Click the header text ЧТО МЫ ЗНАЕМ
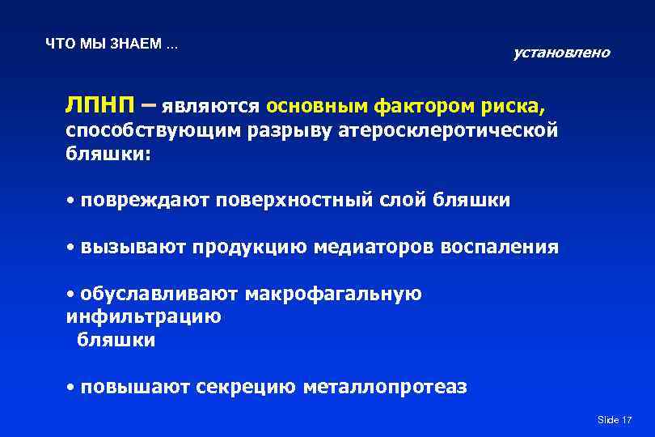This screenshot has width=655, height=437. (x=112, y=44)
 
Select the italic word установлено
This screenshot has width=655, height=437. (x=561, y=53)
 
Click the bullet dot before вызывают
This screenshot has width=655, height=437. (x=71, y=247)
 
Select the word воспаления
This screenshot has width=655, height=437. (x=500, y=247)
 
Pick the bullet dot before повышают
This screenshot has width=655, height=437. (x=71, y=388)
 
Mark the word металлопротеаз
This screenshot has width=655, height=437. (x=385, y=388)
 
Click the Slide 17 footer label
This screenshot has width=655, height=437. (x=614, y=420)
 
